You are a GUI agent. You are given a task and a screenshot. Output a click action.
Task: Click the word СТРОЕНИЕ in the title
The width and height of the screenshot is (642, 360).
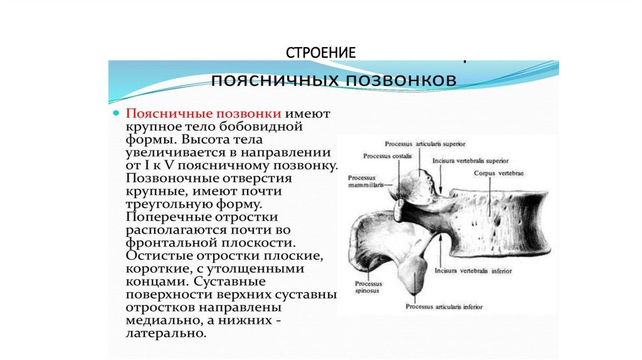pyautogui.click(x=322, y=52)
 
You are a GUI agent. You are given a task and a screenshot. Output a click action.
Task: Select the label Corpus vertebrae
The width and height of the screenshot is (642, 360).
pyautogui.click(x=498, y=172)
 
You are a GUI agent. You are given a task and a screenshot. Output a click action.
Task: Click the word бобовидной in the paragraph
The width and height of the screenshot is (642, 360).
pyautogui.click(x=261, y=126)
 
